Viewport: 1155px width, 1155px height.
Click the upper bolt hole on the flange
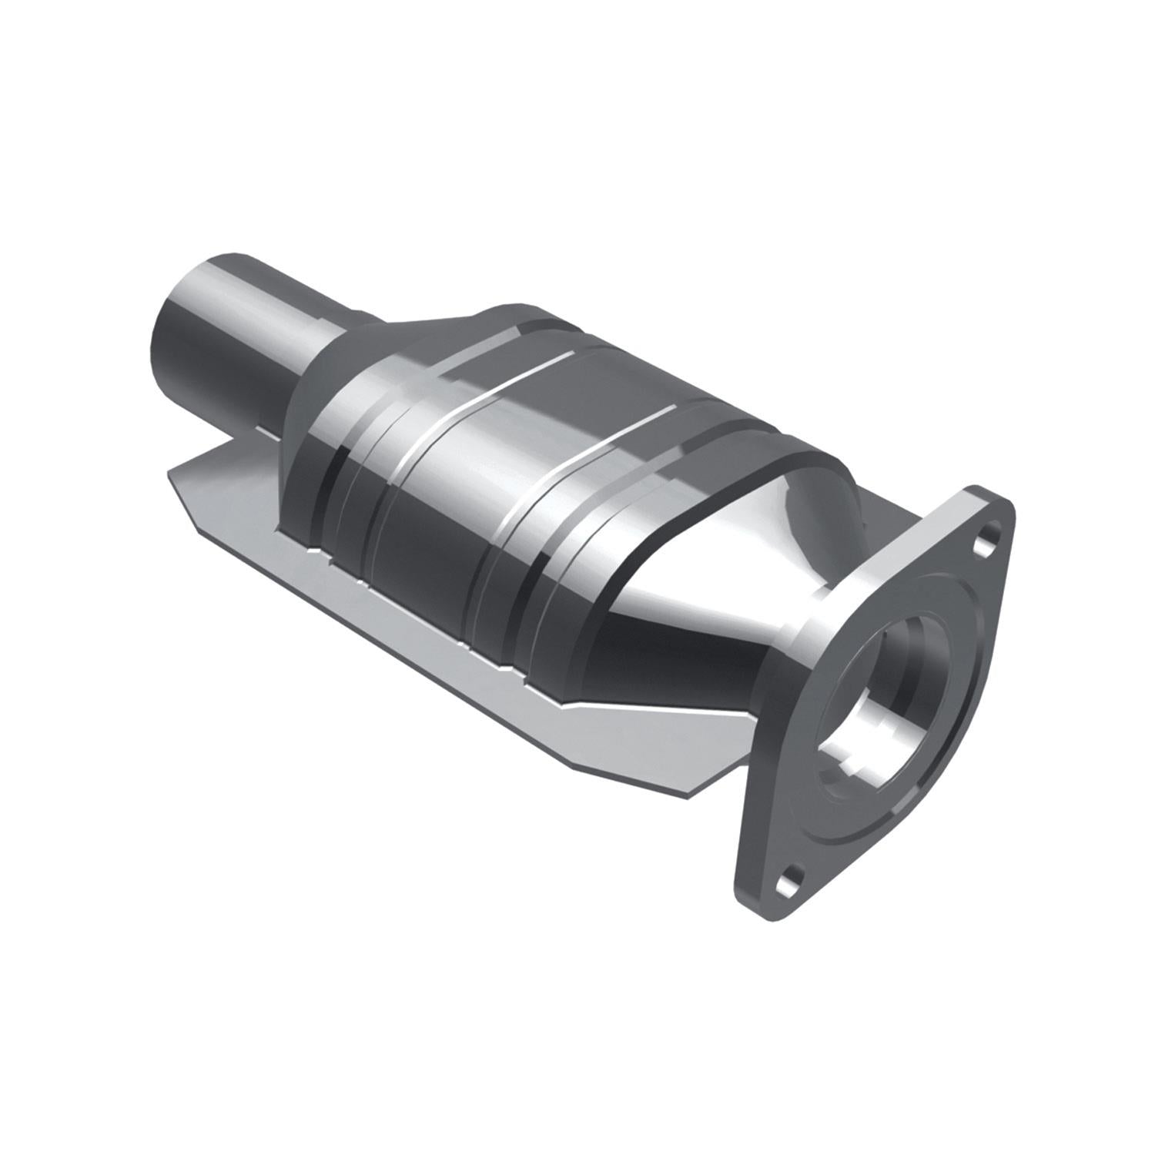point(986,539)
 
